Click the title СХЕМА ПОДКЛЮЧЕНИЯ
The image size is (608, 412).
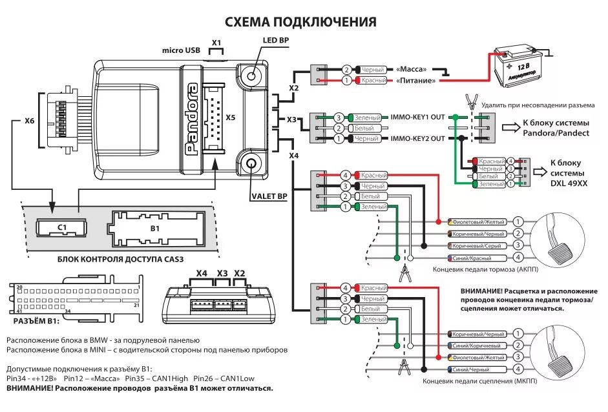pos(300,23)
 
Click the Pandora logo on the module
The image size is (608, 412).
pos(192,119)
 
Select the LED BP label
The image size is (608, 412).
pos(275,39)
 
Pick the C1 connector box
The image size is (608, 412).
pos(62,227)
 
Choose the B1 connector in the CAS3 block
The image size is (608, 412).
pos(154,228)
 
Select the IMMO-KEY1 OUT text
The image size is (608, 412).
pos(417,118)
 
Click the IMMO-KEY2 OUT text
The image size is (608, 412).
pos(417,139)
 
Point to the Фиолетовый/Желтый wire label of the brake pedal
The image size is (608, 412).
pos(478,221)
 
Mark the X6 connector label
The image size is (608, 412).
pos(30,120)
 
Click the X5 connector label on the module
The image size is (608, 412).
pos(230,118)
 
